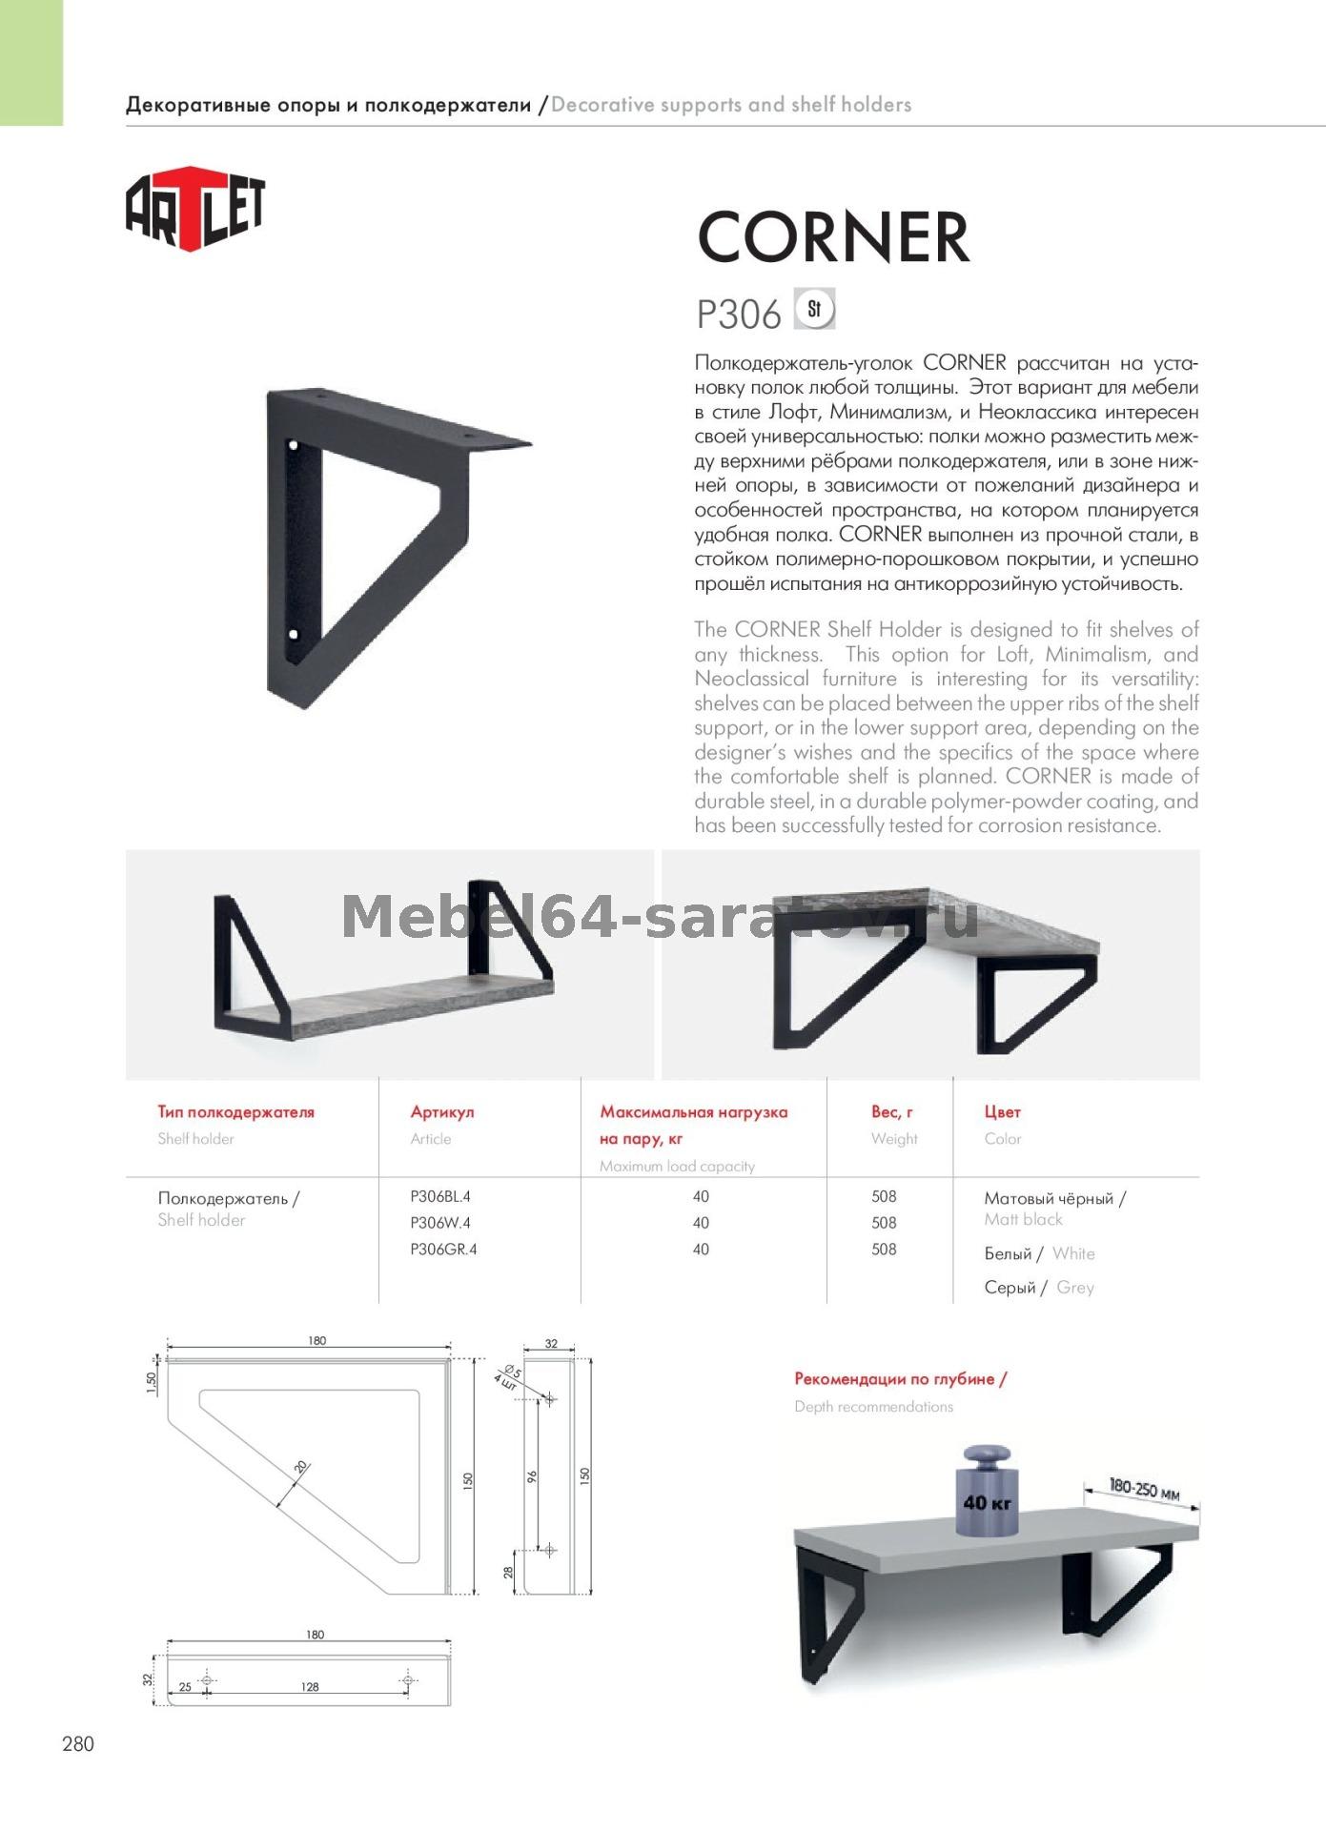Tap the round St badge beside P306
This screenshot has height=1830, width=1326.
(x=814, y=309)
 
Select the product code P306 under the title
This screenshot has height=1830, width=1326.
(x=739, y=314)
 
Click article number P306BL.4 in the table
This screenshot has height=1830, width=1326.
(x=440, y=1196)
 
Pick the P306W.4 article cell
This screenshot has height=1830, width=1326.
(x=440, y=1223)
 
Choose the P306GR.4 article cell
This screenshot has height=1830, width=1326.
(x=443, y=1250)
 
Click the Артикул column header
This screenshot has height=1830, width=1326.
(x=442, y=1111)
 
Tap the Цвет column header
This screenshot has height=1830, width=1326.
(x=1002, y=1111)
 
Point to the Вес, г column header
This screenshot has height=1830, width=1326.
(x=892, y=1111)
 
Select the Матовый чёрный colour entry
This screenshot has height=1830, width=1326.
(x=1054, y=1199)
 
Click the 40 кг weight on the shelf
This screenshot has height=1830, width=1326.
(x=987, y=1503)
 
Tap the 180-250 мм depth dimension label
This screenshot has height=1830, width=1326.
(x=1144, y=1490)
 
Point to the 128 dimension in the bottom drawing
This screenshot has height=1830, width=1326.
(x=310, y=1687)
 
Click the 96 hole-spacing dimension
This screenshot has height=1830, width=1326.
(x=532, y=1477)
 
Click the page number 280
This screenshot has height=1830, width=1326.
(x=78, y=1744)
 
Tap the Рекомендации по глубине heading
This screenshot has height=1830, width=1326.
(x=900, y=1379)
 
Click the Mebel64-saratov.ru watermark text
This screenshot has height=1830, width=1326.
(x=660, y=917)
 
